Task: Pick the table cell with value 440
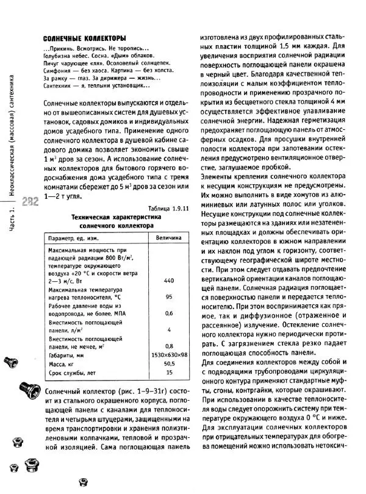click(170, 280)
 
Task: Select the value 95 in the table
click(170, 297)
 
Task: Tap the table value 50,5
click(170, 363)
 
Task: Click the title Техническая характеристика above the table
click(115, 217)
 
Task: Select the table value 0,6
click(170, 313)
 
